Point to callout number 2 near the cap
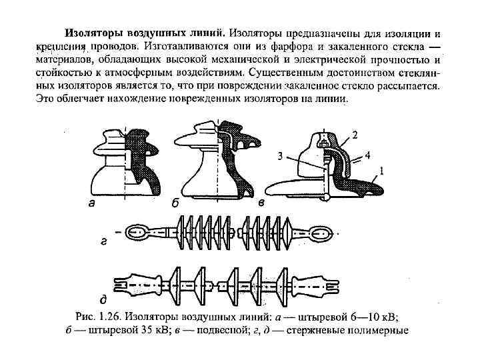[354, 135]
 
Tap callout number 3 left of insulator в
[281, 157]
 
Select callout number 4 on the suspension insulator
[367, 154]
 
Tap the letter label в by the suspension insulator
[262, 203]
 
